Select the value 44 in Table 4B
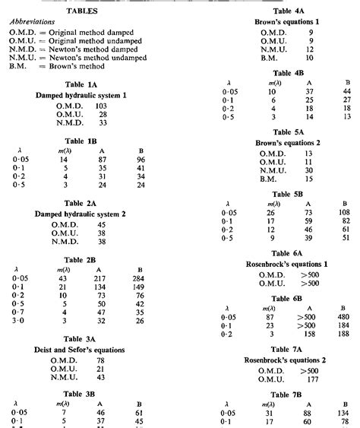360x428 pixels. coord(346,91)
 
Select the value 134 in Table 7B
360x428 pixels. coord(344,413)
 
